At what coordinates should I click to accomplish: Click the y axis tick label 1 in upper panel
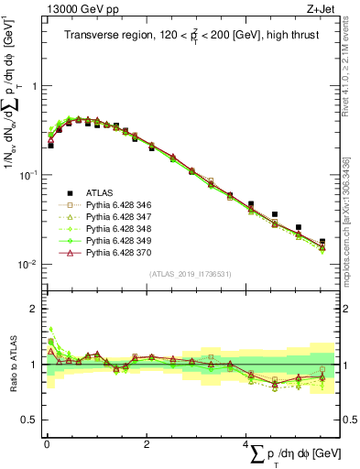pyautogui.click(x=35, y=85)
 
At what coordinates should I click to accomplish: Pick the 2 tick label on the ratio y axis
pyautogui.click(x=35, y=309)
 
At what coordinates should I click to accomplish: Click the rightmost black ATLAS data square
pyautogui.click(x=322, y=242)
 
